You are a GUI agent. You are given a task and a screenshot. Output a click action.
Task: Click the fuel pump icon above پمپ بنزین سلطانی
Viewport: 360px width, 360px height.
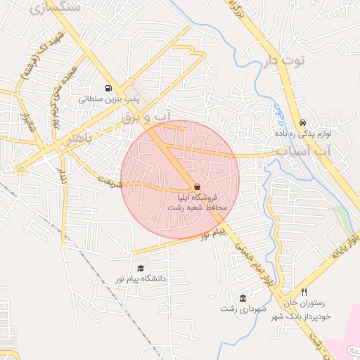pos(108,89)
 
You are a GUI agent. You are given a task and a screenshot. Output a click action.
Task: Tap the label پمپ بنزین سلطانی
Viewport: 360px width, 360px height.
pos(106,100)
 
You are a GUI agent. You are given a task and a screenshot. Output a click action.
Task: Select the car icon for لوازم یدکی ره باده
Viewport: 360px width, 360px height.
pos(302,122)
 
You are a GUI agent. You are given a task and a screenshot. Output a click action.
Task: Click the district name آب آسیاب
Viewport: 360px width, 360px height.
pos(302,151)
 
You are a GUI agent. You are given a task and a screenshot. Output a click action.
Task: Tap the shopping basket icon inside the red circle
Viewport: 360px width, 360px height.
pos(196,186)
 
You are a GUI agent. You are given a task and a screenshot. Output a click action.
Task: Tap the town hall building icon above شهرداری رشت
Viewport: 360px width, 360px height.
pos(243,297)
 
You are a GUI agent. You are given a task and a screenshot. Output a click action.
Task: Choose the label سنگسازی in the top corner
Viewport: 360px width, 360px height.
pos(56,6)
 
